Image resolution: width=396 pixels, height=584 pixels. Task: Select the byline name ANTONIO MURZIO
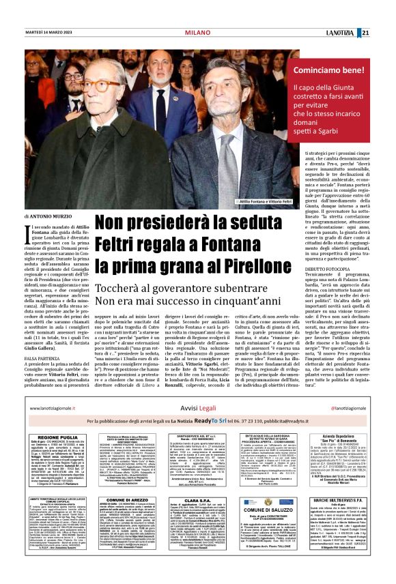(x=46, y=216)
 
